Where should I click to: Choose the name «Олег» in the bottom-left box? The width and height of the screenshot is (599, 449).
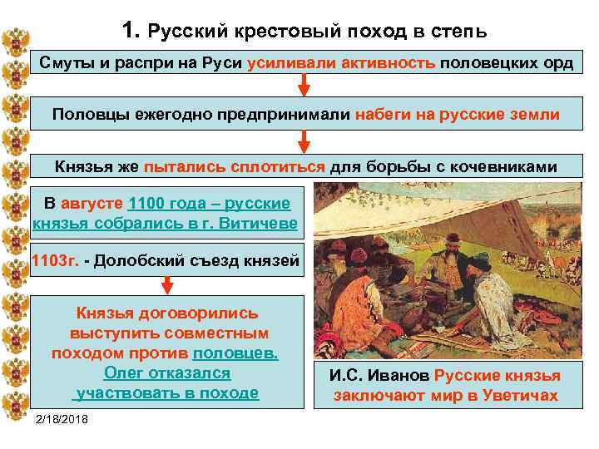(x=122, y=373)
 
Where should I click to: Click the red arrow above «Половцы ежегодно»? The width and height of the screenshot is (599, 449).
(x=304, y=84)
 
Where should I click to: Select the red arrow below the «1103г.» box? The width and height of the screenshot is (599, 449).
(x=166, y=284)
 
